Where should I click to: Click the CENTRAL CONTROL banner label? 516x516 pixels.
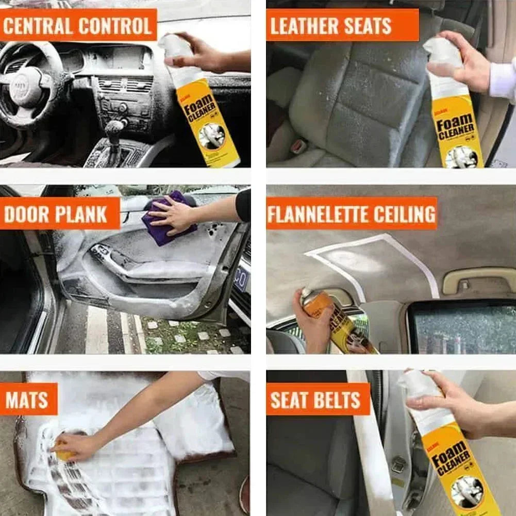(x=78, y=25)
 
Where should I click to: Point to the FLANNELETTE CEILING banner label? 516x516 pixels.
(x=352, y=213)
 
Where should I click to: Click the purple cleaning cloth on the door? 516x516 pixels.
(x=168, y=219)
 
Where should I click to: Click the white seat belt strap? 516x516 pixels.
(x=369, y=443)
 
